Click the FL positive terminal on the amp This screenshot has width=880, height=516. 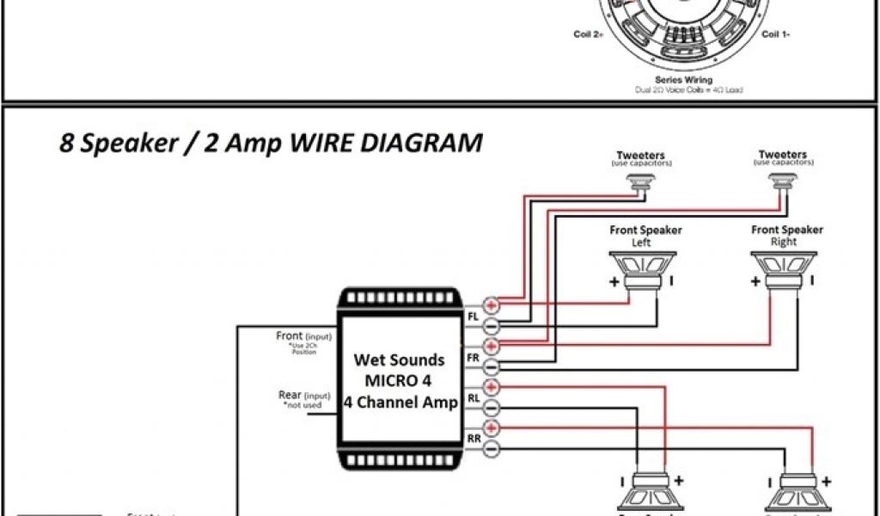(492, 304)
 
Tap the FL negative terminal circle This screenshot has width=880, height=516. (492, 326)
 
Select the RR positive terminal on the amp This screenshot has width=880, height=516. (492, 428)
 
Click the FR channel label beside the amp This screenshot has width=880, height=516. (473, 357)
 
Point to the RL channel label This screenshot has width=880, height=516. (473, 397)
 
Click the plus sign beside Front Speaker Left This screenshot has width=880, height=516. (614, 282)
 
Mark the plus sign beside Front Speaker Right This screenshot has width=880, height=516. (755, 282)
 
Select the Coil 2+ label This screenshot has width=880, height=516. (589, 35)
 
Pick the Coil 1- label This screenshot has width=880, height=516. (776, 35)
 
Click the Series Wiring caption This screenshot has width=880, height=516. (684, 79)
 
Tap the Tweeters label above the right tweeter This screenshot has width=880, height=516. (782, 155)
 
